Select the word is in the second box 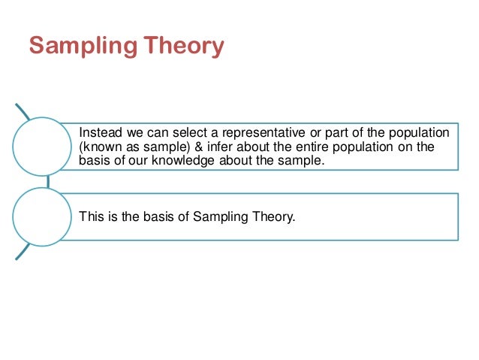pos(111,218)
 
